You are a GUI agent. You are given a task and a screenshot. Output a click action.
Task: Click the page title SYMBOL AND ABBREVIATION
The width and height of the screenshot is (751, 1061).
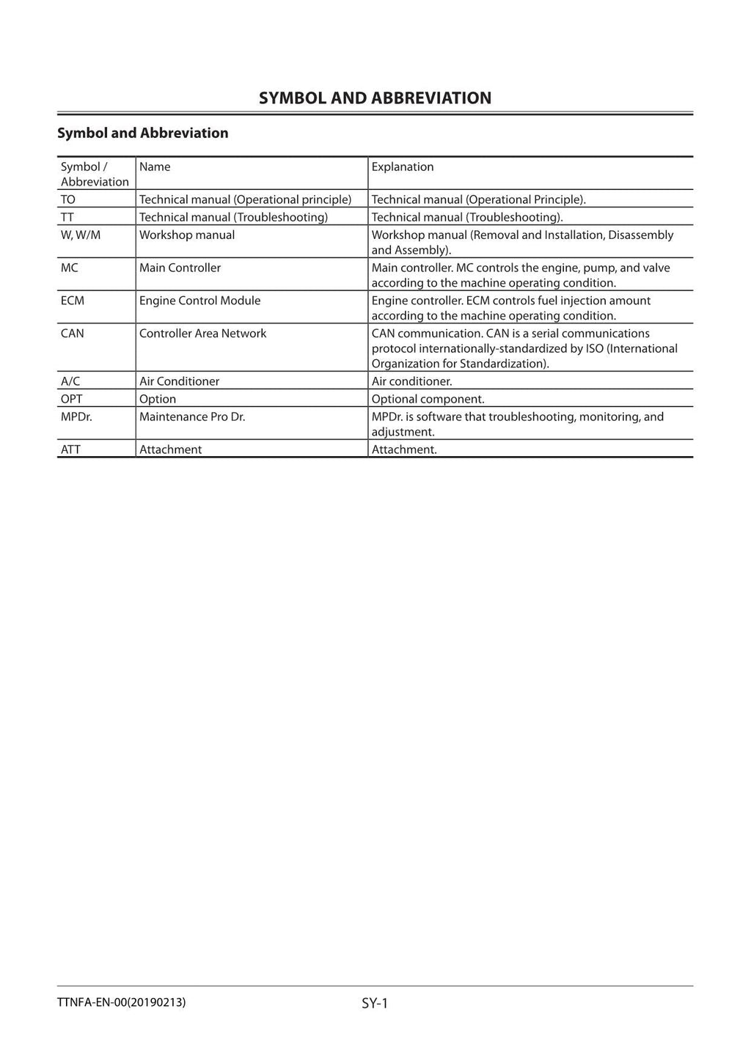click(375, 98)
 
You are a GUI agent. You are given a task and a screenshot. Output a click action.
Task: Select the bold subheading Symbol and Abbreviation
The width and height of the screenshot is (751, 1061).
click(143, 133)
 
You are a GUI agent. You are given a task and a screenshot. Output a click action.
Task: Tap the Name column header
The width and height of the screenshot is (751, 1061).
click(155, 167)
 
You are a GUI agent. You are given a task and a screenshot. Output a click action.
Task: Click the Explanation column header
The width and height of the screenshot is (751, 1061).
click(402, 167)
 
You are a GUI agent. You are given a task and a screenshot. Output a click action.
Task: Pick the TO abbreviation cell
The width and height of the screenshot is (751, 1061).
click(68, 199)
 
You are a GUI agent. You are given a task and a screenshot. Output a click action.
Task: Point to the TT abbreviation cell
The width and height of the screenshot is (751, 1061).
click(67, 217)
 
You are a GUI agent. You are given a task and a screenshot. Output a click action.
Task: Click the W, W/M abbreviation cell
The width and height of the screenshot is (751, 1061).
click(81, 235)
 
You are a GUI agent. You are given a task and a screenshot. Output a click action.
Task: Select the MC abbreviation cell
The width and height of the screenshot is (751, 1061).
click(70, 268)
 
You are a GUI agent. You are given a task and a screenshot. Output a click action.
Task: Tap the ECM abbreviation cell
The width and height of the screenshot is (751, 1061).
click(73, 301)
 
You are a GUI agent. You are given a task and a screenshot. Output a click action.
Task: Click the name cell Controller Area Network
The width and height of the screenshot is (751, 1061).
click(202, 334)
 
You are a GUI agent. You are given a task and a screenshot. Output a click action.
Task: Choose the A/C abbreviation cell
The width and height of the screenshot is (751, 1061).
click(70, 381)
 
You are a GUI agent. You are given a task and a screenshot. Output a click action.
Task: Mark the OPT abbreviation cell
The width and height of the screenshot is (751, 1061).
click(72, 399)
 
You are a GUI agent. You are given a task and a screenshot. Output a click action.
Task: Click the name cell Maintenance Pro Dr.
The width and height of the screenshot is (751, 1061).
click(192, 417)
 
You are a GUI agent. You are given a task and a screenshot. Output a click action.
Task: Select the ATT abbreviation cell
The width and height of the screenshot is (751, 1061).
click(70, 449)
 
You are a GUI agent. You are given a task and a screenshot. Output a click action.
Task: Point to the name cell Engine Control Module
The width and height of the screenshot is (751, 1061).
click(199, 301)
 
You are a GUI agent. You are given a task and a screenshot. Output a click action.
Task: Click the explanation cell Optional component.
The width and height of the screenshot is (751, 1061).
click(428, 399)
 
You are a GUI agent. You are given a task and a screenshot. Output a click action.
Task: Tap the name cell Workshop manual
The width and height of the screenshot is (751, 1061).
click(187, 235)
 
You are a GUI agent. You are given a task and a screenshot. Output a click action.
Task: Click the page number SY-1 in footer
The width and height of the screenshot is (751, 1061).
click(374, 1003)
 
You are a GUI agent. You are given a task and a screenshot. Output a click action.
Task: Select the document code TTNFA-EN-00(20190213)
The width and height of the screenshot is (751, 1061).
click(122, 1002)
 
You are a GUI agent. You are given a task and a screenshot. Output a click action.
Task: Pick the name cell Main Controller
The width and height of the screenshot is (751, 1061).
click(180, 268)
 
